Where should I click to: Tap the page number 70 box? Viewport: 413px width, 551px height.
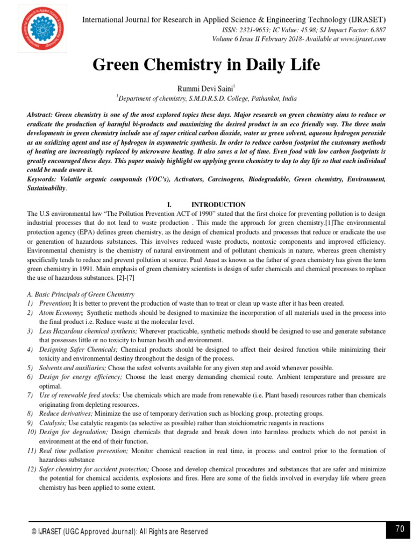[398, 529]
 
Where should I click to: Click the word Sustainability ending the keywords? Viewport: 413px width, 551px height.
[47, 188]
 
